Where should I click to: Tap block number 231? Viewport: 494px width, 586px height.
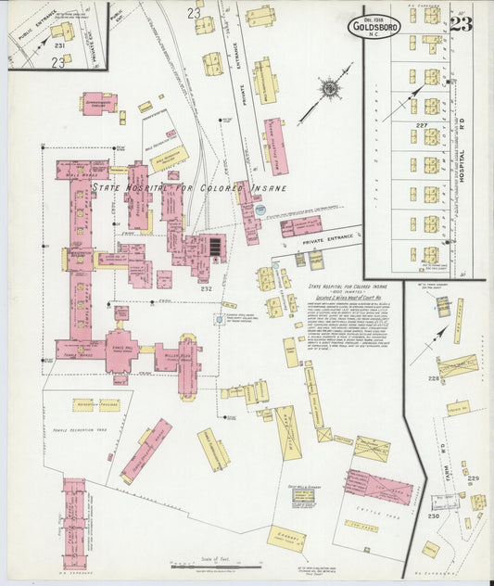(x=59, y=45)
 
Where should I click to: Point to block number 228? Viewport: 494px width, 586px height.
(x=433, y=378)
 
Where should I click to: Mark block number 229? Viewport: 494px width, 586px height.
(x=473, y=478)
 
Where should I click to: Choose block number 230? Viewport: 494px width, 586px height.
(x=433, y=516)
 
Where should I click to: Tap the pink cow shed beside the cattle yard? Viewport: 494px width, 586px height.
(x=378, y=486)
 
